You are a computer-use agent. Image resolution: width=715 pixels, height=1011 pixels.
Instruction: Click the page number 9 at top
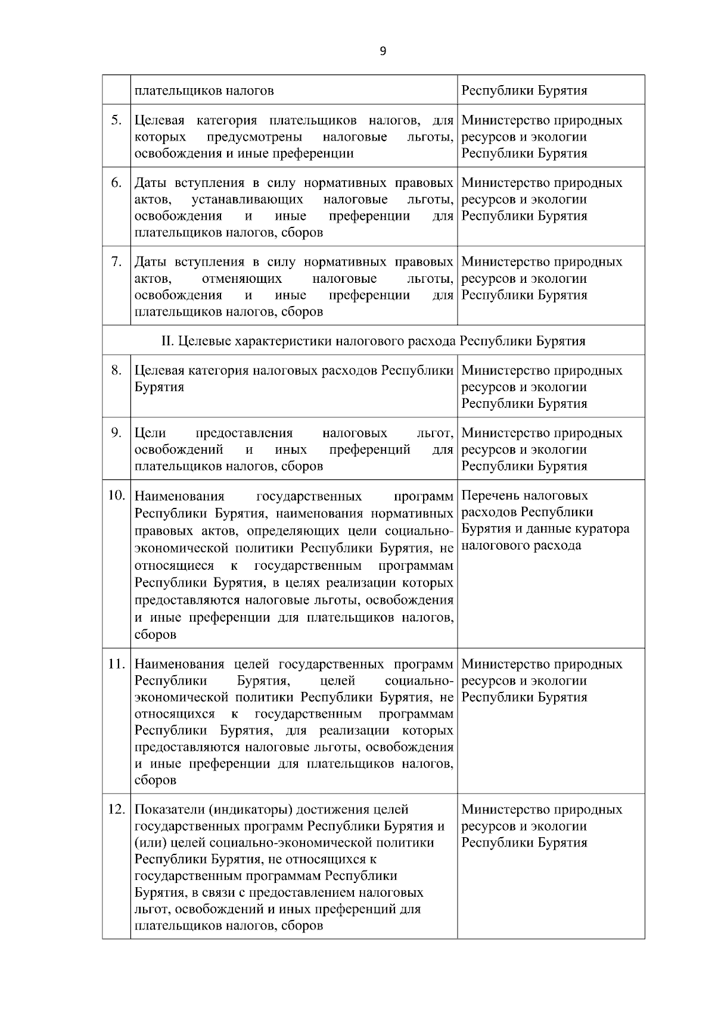[x=383, y=51]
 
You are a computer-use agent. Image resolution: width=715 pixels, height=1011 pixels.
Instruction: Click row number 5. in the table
[x=117, y=120]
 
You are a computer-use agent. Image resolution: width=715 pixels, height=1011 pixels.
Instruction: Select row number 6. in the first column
[x=117, y=183]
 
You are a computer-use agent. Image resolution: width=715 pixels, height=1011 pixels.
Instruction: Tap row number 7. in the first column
[x=117, y=262]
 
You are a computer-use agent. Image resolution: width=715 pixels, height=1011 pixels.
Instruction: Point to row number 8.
[x=117, y=370]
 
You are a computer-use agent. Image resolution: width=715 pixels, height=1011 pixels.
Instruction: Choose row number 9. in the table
[x=117, y=433]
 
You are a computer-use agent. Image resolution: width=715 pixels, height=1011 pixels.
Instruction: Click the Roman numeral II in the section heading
[x=167, y=341]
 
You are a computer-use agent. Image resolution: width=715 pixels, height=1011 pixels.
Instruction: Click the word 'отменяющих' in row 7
[x=242, y=279]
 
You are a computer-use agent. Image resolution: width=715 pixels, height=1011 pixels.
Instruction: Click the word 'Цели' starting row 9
[x=150, y=433]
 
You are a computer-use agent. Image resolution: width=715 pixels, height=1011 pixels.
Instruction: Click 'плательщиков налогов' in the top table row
[x=204, y=91]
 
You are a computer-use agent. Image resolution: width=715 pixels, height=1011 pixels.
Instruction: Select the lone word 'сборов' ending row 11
[x=156, y=780]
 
